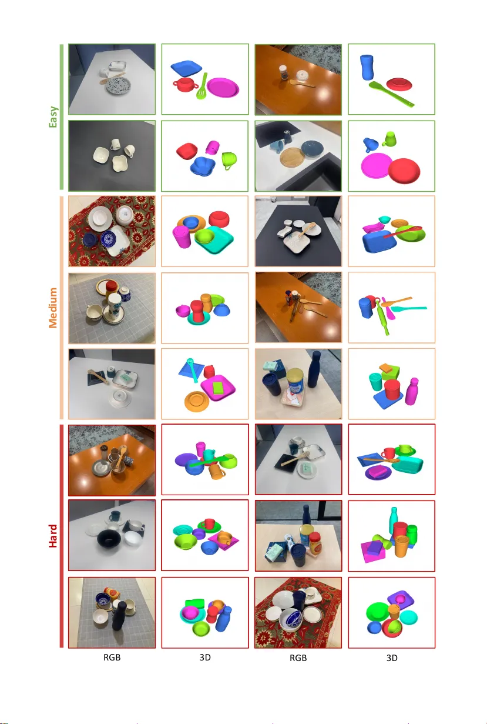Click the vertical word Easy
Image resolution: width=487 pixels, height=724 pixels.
coord(53,116)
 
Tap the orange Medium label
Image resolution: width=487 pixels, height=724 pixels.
coord(53,308)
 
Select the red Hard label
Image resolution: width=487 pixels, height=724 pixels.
coord(53,536)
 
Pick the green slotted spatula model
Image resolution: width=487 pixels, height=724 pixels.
coord(203,86)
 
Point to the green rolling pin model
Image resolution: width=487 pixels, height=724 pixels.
coord(382,317)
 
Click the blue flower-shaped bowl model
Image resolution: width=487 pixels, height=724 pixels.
coord(203,166)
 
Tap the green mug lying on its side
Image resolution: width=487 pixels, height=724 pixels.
coord(229,161)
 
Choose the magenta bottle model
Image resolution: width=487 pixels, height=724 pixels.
coord(412,391)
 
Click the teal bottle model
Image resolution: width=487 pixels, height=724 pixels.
coord(393,520)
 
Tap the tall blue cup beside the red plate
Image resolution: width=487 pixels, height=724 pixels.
coord(367,67)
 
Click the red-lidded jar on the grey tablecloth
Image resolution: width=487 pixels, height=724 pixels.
coord(111,290)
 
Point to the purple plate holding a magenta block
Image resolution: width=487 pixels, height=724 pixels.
coord(378,472)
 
